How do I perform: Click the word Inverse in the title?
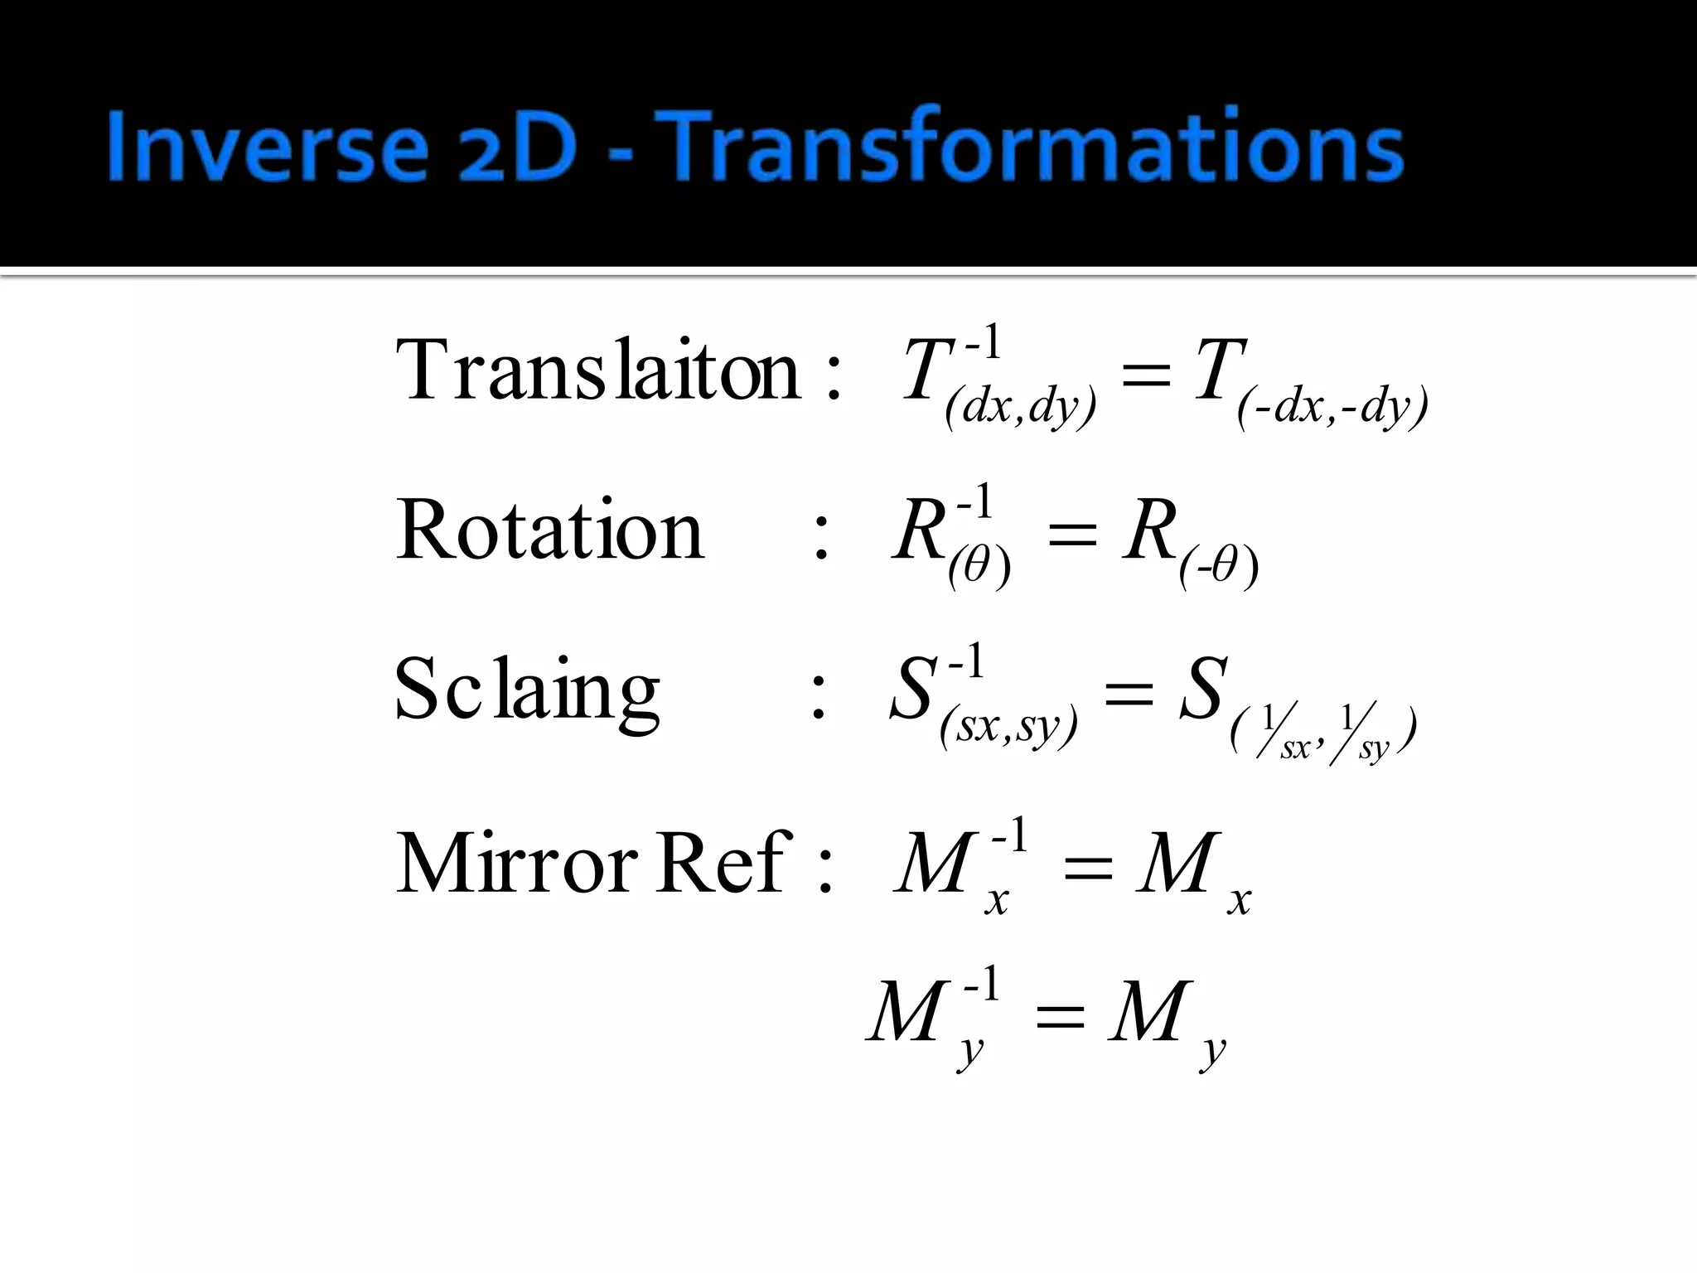pos(267,148)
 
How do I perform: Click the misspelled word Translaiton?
pos(598,370)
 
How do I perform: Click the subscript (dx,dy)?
pos(1020,407)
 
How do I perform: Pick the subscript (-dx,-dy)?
pos(1332,407)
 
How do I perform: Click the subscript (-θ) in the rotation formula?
pos(1219,567)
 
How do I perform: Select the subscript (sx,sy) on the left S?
pos(1008,727)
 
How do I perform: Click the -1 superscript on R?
pos(974,501)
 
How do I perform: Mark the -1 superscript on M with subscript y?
pos(982,985)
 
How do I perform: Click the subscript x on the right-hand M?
pos(1239,900)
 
